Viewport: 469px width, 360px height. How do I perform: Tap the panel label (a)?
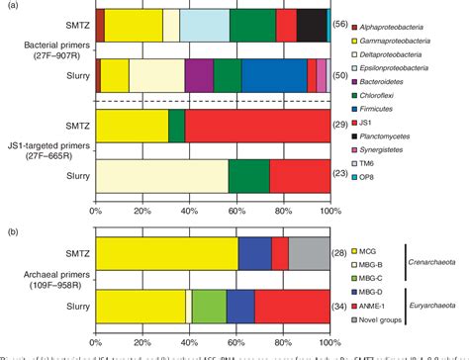9,6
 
